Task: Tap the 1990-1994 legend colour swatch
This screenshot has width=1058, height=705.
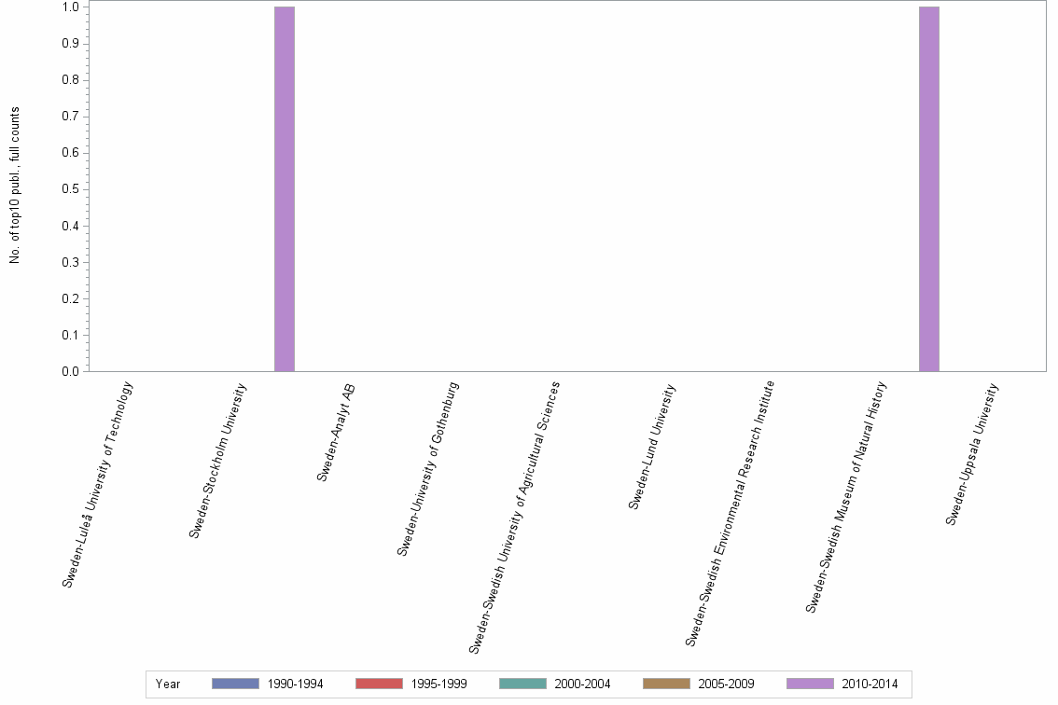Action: tap(235, 684)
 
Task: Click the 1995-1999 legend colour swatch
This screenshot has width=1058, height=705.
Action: tap(379, 684)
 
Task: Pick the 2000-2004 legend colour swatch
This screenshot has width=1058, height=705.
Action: tap(522, 684)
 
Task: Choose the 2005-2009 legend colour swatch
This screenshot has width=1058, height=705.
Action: tap(666, 684)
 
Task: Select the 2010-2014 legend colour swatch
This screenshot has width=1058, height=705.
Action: tap(810, 684)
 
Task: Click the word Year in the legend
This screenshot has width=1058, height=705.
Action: tap(169, 684)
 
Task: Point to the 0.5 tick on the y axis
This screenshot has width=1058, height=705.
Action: tap(71, 189)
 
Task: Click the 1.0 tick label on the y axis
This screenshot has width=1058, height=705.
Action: tap(71, 7)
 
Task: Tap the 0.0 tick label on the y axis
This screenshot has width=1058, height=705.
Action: tap(71, 372)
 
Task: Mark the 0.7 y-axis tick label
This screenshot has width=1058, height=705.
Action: tap(71, 117)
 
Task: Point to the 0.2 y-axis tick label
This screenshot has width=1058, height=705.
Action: tap(71, 299)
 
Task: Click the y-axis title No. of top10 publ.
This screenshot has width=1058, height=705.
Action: tap(15, 186)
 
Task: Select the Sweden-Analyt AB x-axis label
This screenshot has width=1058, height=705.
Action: tap(336, 432)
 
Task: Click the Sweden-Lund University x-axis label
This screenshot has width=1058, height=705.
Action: tap(652, 447)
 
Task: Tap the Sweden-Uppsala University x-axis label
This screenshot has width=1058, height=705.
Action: tap(972, 454)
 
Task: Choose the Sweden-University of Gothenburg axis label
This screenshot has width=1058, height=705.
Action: tap(428, 469)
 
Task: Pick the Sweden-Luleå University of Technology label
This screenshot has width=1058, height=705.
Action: tap(98, 484)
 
